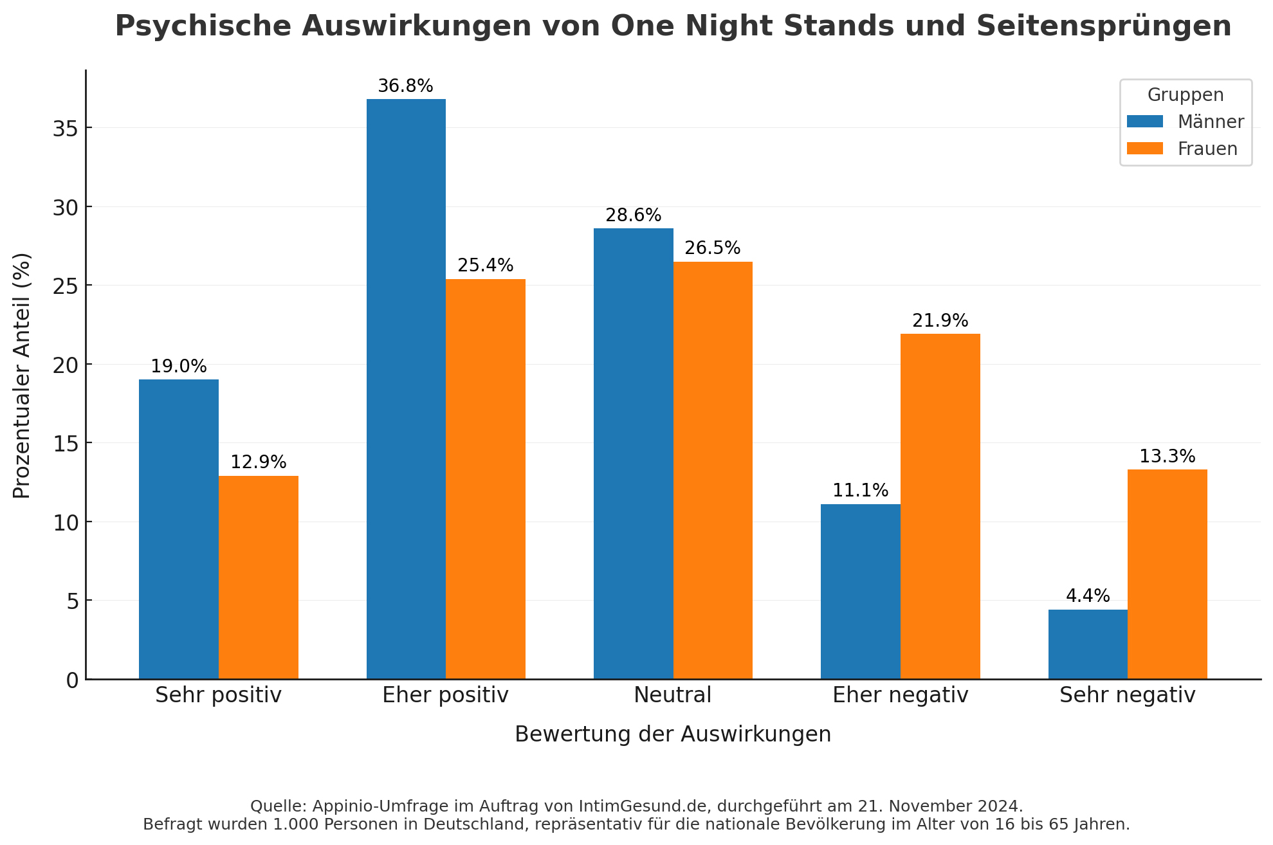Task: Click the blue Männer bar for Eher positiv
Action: point(406,389)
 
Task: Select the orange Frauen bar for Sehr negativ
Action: point(1167,574)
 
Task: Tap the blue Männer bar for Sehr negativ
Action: point(1088,644)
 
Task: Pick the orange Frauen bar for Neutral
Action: point(713,470)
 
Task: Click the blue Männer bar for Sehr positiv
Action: point(179,529)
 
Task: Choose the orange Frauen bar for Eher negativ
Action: point(940,506)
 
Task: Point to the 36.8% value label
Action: point(405,86)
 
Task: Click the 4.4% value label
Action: point(1088,596)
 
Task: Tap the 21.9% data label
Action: point(940,321)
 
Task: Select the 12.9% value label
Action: point(258,462)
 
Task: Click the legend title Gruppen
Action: point(1186,95)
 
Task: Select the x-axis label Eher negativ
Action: point(900,695)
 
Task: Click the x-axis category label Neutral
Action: point(672,695)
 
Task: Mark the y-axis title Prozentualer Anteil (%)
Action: point(22,375)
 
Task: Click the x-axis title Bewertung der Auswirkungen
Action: point(673,734)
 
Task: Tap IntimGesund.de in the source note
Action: point(645,806)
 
